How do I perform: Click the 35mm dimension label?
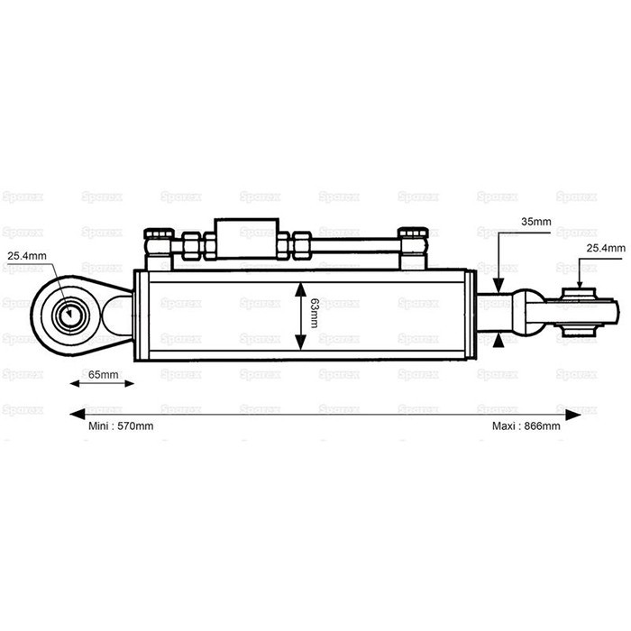(535, 220)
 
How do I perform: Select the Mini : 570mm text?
(121, 425)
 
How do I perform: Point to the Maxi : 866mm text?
(526, 425)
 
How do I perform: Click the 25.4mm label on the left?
(27, 255)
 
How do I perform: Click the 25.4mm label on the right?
(605, 247)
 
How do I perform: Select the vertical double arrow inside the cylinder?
(299, 315)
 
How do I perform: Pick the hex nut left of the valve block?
(194, 242)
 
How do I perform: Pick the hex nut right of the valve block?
(298, 242)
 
